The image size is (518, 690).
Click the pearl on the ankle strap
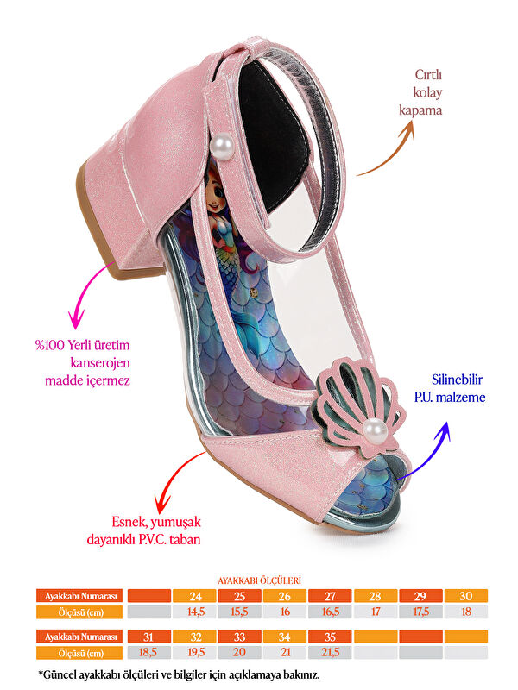tap(223, 146)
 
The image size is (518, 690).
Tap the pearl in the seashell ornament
tap(376, 430)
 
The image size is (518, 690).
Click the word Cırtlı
tap(428, 75)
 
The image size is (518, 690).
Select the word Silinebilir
tap(457, 379)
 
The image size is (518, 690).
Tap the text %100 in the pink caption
tap(50, 345)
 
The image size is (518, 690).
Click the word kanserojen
tap(100, 363)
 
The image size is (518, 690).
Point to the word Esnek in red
tap(129, 523)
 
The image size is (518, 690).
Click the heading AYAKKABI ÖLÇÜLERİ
tap(260, 580)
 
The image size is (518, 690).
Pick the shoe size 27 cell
tap(330, 596)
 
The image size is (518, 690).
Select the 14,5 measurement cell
tap(194, 612)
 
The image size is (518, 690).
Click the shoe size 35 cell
tap(330, 637)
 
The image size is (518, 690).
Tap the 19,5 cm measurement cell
tap(194, 652)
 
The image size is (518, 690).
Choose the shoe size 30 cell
tap(466, 596)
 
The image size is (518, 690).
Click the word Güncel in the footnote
tap(61, 674)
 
